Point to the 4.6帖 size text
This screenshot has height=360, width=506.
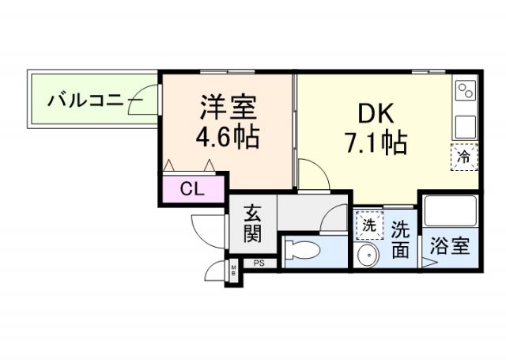228,135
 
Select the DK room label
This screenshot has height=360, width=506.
375,115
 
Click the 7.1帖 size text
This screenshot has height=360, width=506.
375,143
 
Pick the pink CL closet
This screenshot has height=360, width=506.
193,189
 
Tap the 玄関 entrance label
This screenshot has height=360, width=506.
252,223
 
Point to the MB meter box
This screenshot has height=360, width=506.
234,271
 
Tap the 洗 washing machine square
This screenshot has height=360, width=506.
368,225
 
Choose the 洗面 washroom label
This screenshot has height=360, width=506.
401,239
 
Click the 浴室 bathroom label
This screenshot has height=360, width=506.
449,246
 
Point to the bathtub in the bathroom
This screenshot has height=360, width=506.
449,210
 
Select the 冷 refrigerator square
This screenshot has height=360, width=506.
465,156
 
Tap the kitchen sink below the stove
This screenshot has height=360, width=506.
465,124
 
